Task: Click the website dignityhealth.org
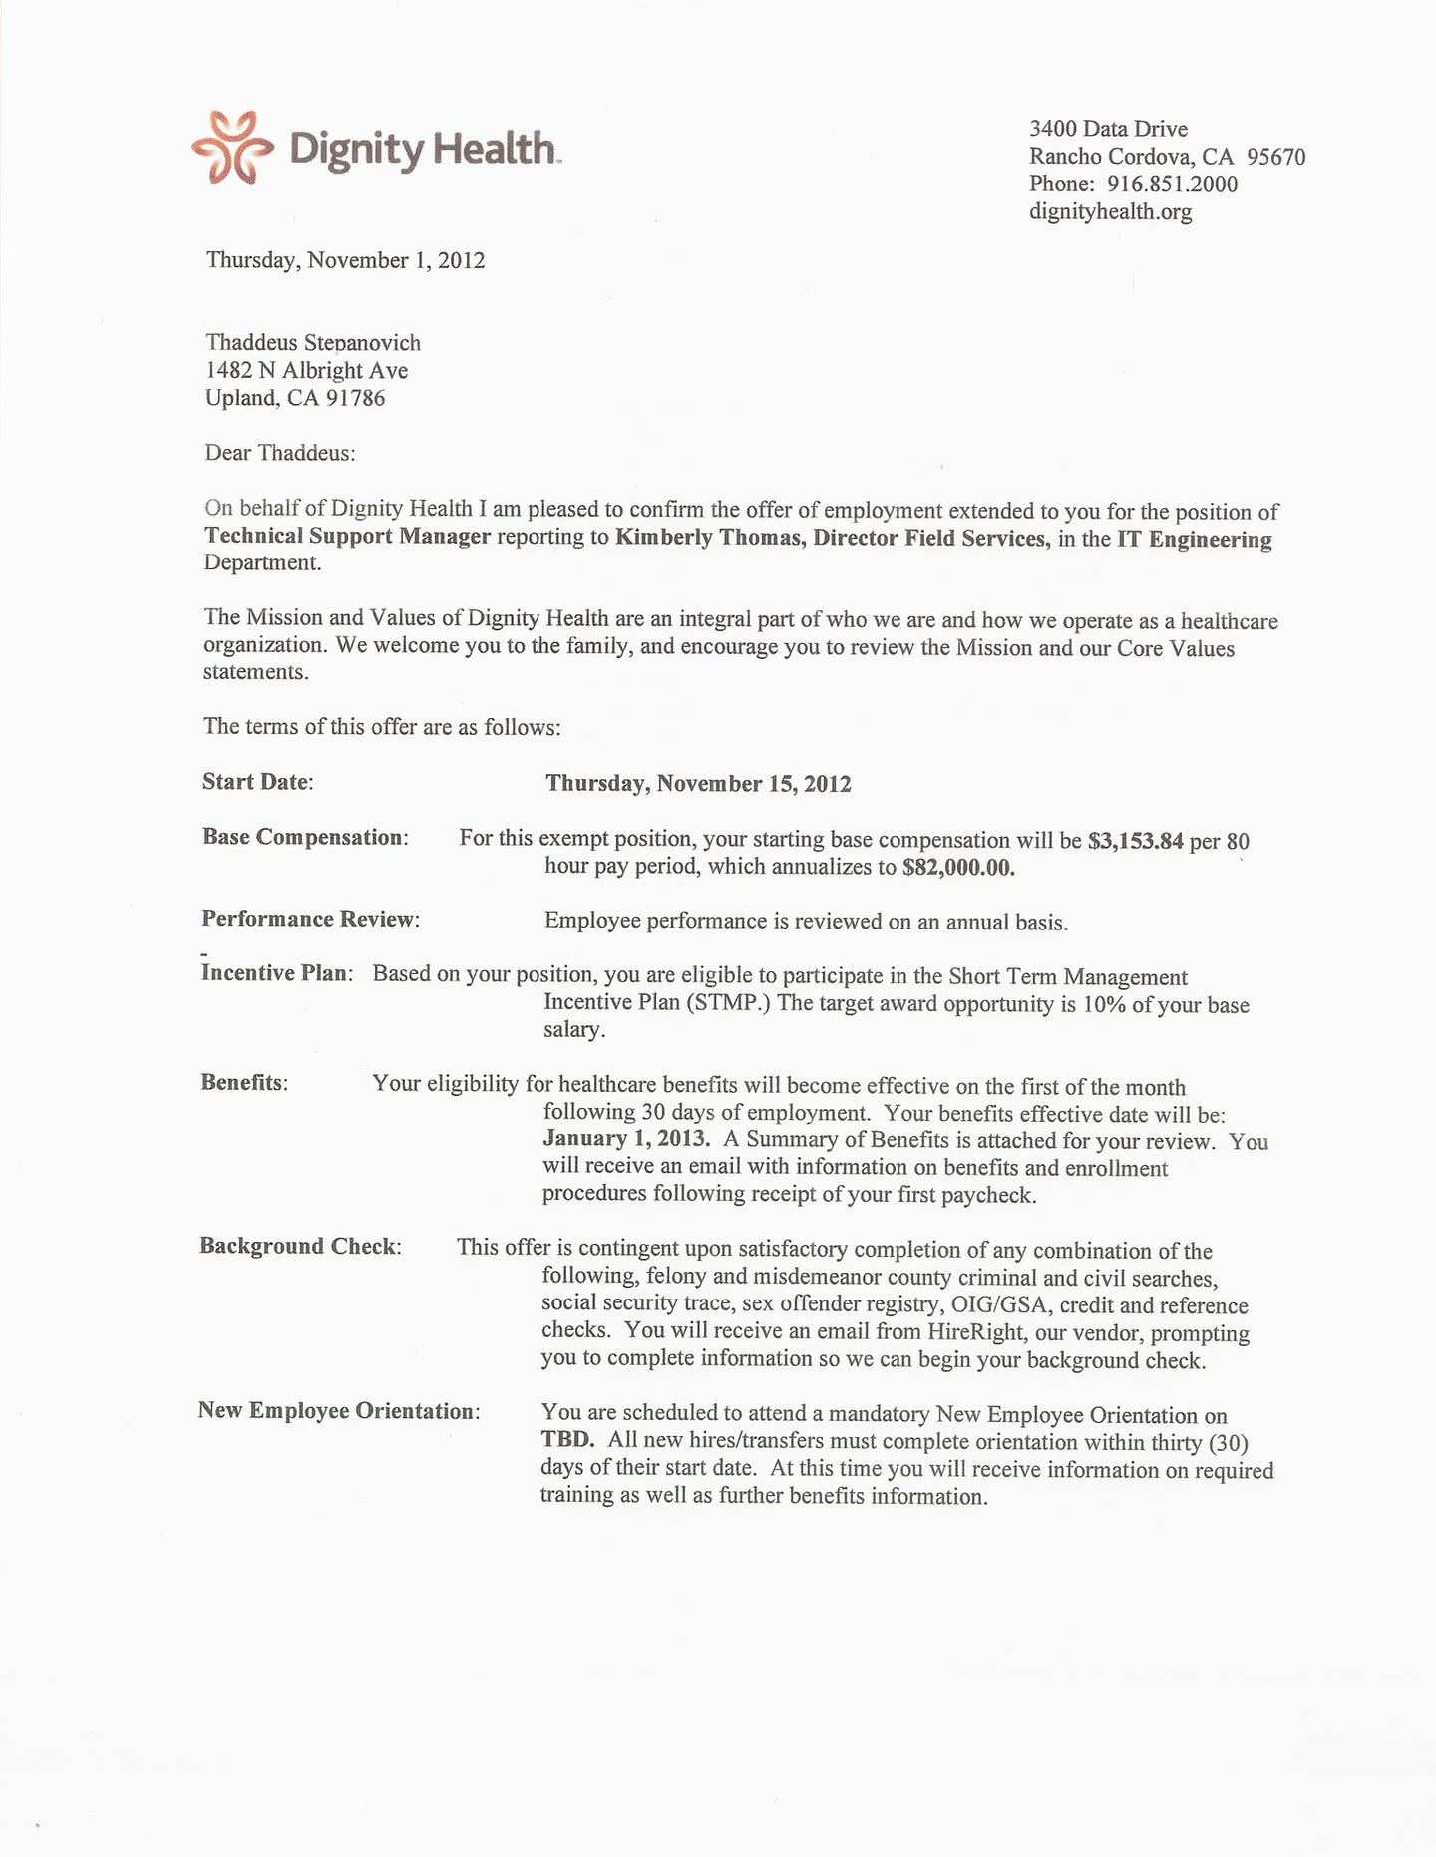click(x=1110, y=212)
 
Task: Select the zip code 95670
click(x=1275, y=157)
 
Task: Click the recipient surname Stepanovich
click(x=362, y=343)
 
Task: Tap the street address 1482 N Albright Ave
click(x=306, y=371)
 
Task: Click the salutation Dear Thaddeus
click(x=279, y=453)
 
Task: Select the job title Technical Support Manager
click(x=347, y=537)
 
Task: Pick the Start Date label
click(x=257, y=782)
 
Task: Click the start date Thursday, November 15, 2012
click(x=698, y=784)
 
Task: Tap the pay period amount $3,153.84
click(x=1135, y=841)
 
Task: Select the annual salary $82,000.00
click(x=958, y=868)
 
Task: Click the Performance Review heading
click(x=310, y=920)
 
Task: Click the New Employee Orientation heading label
click(x=338, y=1411)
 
